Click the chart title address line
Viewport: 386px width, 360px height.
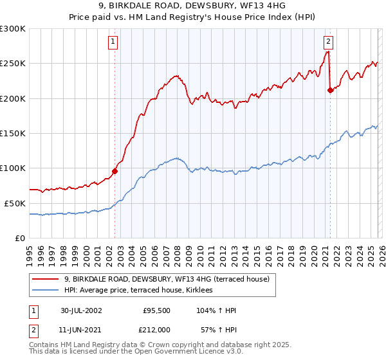(193, 6)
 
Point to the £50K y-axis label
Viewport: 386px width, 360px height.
(15, 203)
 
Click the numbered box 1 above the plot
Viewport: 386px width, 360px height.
(113, 42)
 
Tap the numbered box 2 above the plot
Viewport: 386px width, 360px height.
(328, 42)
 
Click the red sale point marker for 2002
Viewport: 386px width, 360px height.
(115, 171)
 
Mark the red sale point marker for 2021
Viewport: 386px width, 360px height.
(330, 90)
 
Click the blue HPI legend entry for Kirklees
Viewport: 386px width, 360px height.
(143, 291)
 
